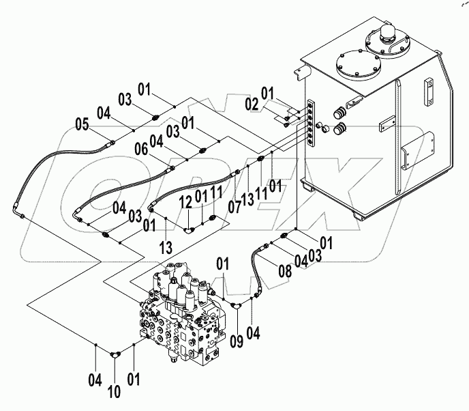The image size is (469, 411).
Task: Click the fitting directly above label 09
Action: point(234,309)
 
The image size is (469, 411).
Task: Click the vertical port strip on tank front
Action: point(312,123)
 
